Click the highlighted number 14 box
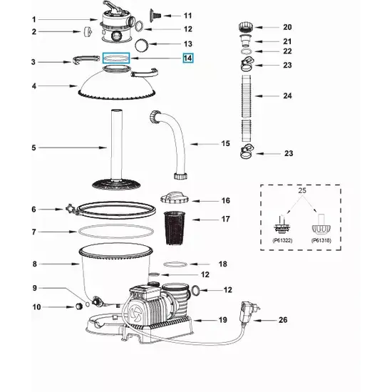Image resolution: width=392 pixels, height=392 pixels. (187, 58)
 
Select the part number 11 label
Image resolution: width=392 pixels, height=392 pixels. (187, 15)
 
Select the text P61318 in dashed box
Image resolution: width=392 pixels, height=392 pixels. (321, 240)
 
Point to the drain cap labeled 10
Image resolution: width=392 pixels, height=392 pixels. (76, 307)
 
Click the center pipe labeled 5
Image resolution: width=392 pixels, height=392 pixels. (114, 143)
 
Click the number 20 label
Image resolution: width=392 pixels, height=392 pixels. (287, 27)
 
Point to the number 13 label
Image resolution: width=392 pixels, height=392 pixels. (188, 43)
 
